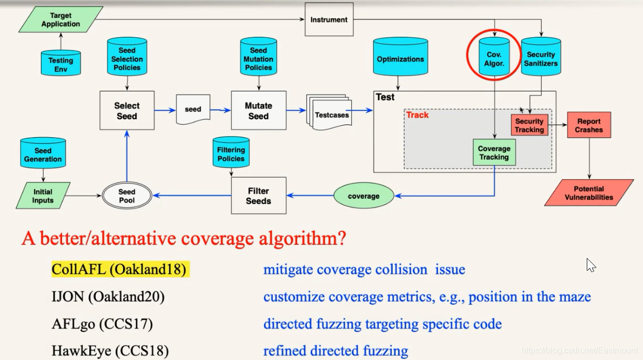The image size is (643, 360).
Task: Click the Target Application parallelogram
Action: pos(61,19)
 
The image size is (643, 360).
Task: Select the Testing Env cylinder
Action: pos(61,63)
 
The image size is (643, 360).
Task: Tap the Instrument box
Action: pos(329,20)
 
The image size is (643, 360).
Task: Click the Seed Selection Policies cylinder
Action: pos(127,59)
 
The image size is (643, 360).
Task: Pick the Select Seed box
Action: pos(127,110)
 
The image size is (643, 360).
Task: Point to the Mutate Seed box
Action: pos(258,110)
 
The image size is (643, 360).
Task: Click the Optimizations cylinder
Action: pos(400,59)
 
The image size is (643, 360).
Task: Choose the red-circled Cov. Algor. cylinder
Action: pos(494,59)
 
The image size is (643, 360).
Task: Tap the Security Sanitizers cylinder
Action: pos(541,59)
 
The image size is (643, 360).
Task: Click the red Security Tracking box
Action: pos(529,125)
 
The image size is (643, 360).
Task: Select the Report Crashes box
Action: pos(589,125)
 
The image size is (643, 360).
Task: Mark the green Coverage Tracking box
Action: pos(494,152)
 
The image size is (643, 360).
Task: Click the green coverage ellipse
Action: pos(364,196)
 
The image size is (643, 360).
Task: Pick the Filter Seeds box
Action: pos(259,196)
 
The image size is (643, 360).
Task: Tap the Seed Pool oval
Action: pos(127,196)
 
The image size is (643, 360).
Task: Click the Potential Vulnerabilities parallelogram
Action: pos(589,193)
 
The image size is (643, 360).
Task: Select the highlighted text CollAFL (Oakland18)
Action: pos(119,270)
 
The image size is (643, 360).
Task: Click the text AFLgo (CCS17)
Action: pos(102,324)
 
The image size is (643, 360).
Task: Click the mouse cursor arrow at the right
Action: pos(590,264)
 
